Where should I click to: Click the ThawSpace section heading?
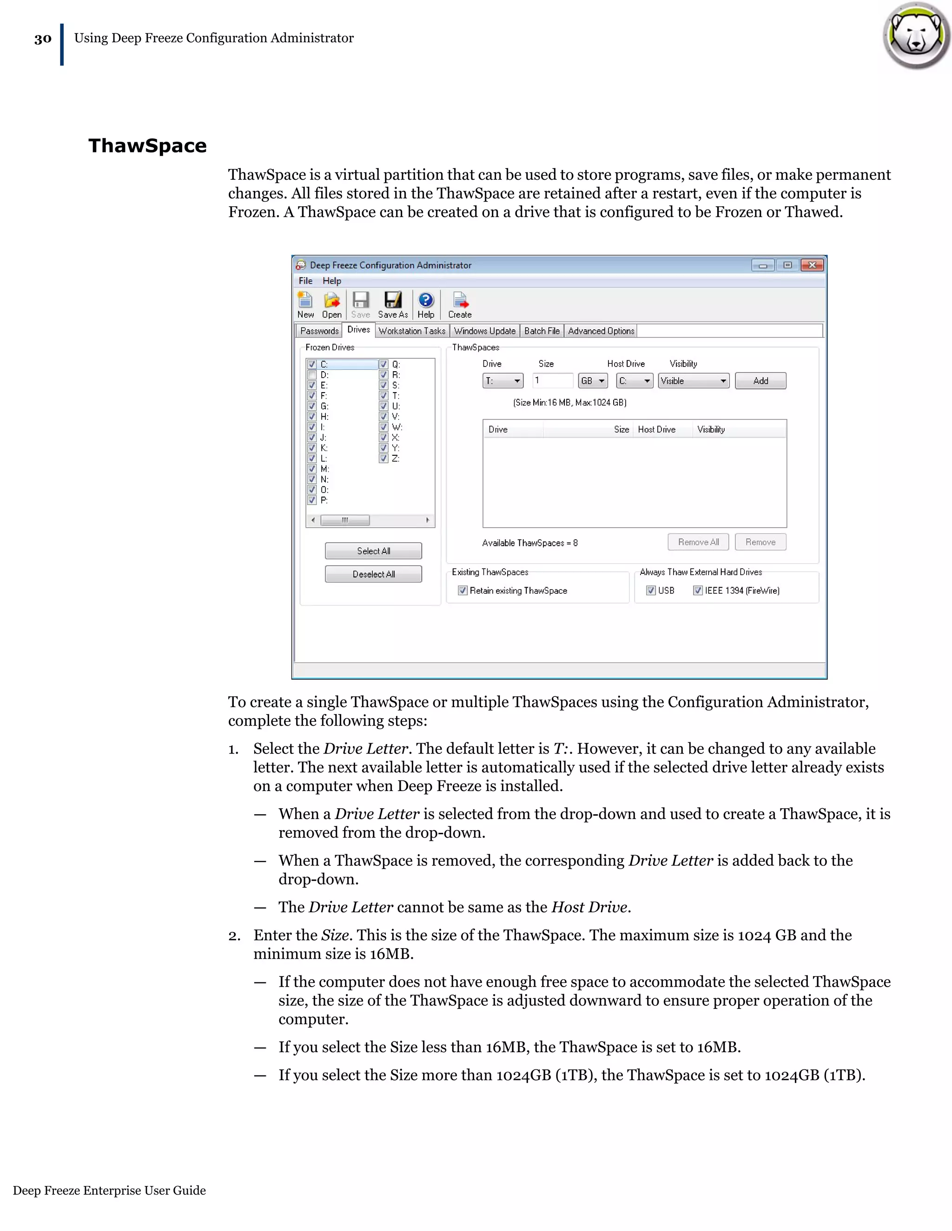[147, 146]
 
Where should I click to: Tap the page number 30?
[43, 39]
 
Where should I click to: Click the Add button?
[760, 381]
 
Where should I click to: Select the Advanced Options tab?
[601, 331]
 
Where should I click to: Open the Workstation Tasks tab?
[412, 331]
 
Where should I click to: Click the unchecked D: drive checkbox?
[312, 375]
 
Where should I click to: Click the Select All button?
[373, 550]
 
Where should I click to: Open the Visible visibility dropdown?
[693, 381]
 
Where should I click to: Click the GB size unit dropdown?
[593, 381]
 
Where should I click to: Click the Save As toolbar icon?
[392, 305]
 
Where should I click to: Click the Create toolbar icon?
[460, 305]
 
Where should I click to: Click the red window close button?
[812, 265]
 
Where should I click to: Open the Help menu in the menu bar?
[331, 281]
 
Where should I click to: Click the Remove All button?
[698, 542]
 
